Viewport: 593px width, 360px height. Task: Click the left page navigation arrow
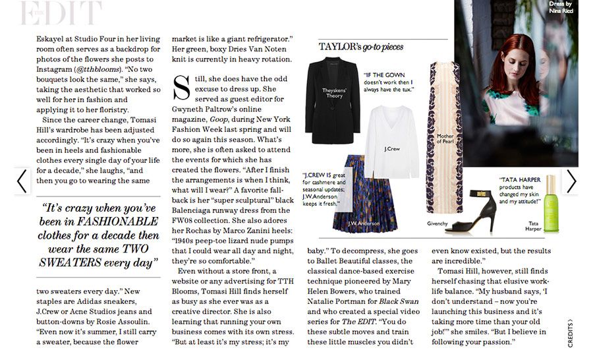coord(22,181)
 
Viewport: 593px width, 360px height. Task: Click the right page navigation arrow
coord(571,181)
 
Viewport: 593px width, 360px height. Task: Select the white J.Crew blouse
coord(393,142)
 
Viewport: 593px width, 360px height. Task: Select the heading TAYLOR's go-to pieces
coord(361,47)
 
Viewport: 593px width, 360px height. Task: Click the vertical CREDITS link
coord(570,333)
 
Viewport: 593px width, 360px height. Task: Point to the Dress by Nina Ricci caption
coord(562,7)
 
